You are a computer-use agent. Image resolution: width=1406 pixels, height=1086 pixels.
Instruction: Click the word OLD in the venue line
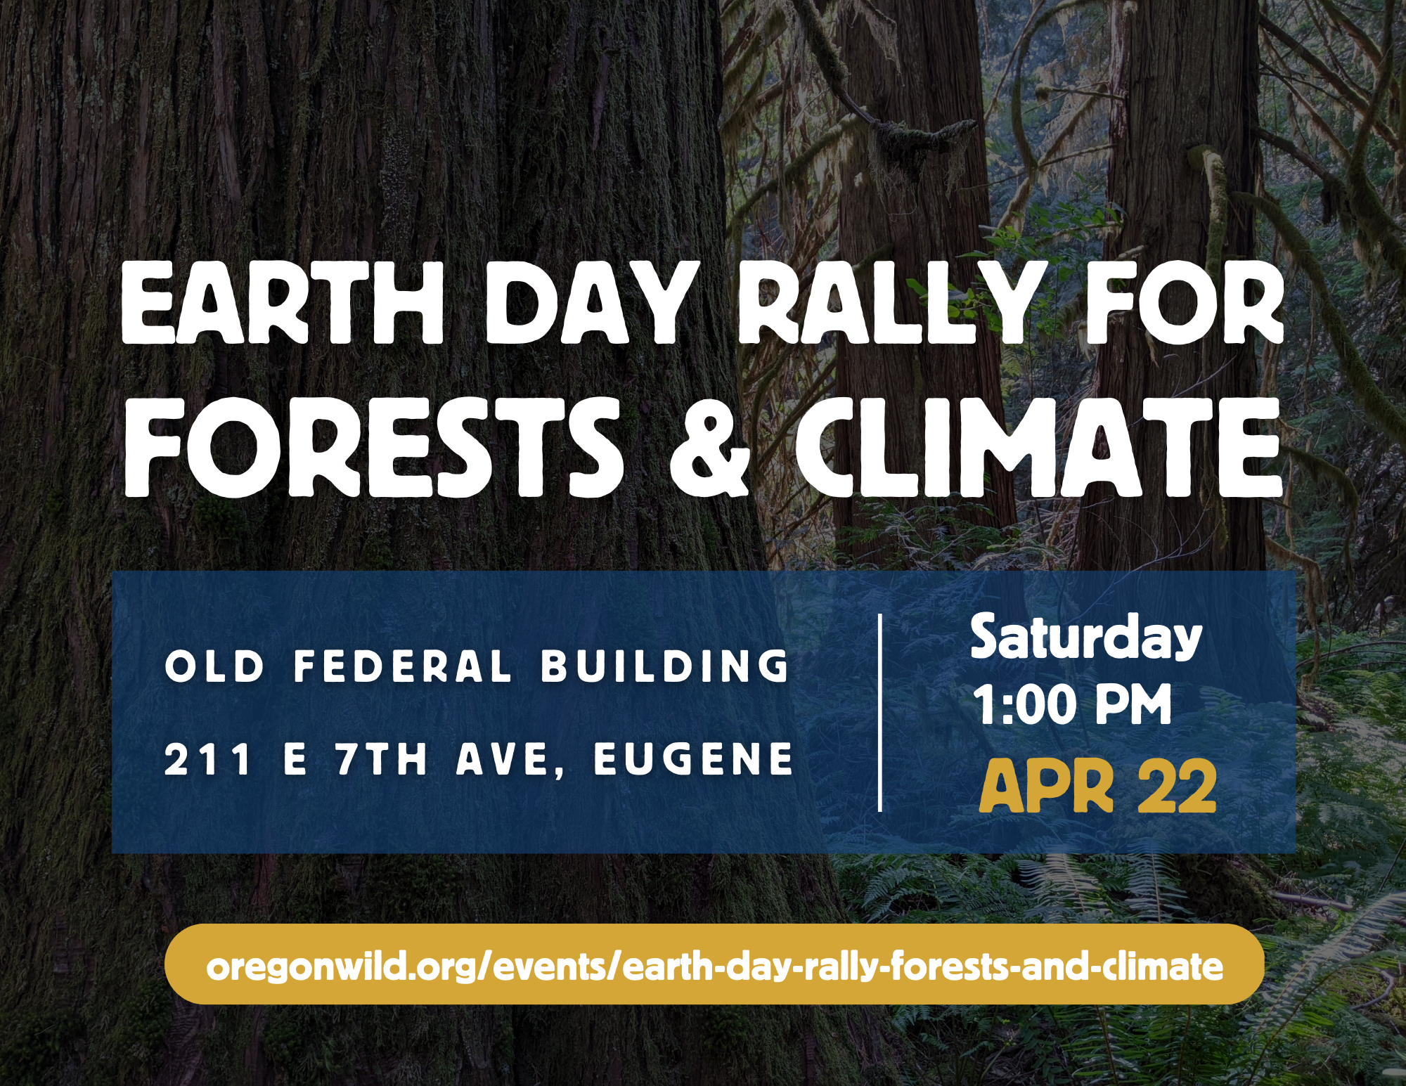click(214, 666)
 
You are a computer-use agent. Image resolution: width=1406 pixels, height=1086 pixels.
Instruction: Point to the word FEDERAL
click(403, 666)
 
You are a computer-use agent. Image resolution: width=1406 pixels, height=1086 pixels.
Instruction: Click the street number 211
click(208, 759)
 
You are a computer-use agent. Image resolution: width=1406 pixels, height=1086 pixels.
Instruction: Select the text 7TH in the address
click(382, 759)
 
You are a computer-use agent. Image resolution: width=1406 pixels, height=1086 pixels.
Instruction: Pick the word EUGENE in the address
click(694, 759)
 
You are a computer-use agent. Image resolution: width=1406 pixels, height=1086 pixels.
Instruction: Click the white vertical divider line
click(880, 713)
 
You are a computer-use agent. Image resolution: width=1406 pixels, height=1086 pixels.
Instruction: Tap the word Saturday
click(1086, 638)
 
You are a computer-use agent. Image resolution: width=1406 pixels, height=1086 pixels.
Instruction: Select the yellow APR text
click(1046, 787)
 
